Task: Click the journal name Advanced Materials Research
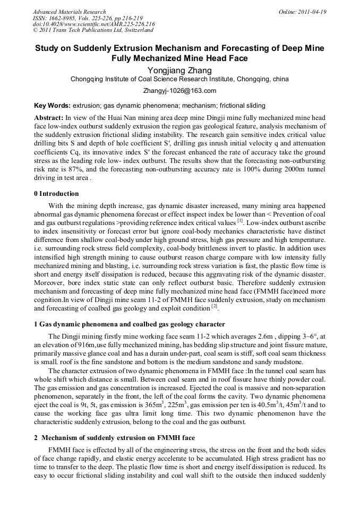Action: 70,12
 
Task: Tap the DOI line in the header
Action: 94,24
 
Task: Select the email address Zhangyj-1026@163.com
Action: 179,91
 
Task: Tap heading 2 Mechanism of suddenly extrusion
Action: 114,438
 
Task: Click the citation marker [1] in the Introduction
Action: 241,221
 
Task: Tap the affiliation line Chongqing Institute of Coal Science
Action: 179,79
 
